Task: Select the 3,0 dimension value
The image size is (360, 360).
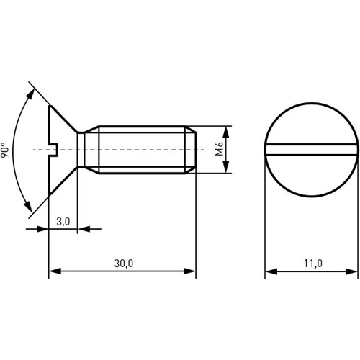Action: click(x=63, y=222)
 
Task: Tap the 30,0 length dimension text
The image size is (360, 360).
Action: click(x=123, y=264)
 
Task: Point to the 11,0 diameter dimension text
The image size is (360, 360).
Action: click(x=312, y=264)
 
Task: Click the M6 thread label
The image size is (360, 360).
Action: click(x=220, y=150)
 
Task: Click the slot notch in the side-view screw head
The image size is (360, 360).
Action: click(x=53, y=150)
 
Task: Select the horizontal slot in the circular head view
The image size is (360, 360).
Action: click(x=311, y=150)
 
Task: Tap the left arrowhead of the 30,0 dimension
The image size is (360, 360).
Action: click(x=53, y=272)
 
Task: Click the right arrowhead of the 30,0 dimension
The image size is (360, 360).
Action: click(x=191, y=272)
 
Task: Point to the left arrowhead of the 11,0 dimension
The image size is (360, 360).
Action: click(x=271, y=272)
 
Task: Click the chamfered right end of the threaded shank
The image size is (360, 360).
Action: click(x=192, y=150)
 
